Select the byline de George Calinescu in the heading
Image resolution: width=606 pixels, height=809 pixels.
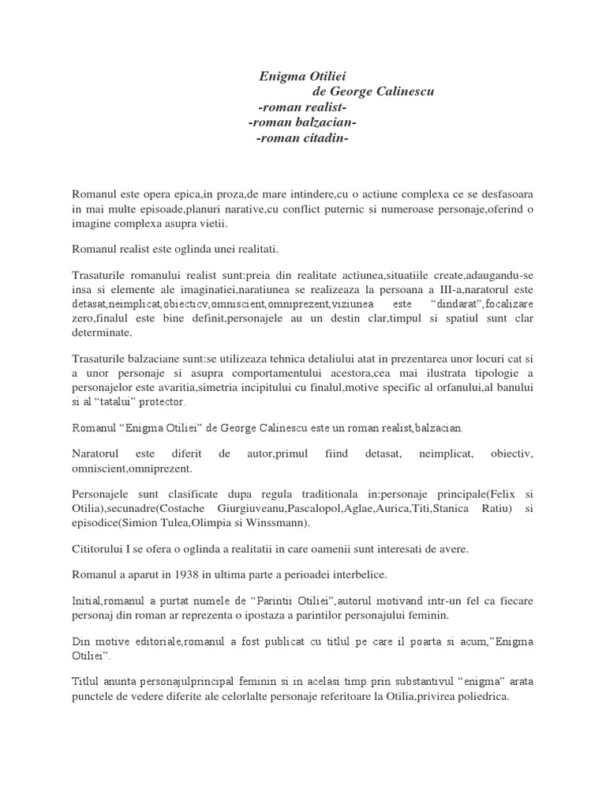coord(373,92)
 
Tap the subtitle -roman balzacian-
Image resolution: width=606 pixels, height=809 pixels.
coord(302,123)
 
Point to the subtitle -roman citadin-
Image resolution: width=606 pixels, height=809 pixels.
coord(302,139)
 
